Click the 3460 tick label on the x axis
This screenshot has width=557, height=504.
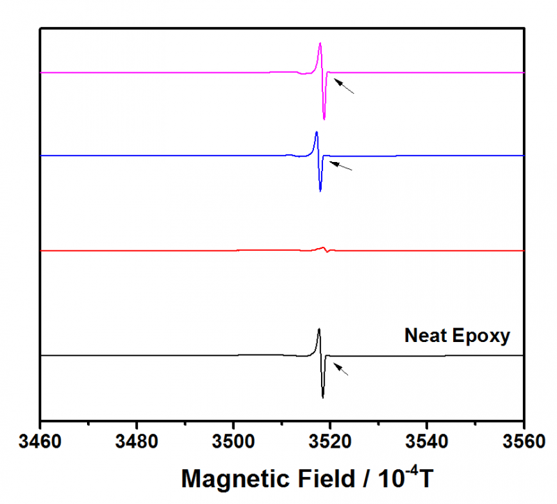pos(40,443)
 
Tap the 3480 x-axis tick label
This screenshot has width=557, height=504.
pos(136,443)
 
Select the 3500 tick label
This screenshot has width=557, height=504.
pos(233,443)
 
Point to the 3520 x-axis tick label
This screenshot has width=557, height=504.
pos(330,443)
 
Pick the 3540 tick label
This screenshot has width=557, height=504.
pos(427,443)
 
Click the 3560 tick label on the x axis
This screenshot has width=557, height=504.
pos(523,443)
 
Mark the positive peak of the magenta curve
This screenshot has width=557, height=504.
pos(320,44)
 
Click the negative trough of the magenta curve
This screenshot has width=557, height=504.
pos(324,119)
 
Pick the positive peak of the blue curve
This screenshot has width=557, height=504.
pos(317,132)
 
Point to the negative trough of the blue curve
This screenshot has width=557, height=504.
pos(320,190)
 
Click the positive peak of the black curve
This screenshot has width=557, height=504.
pos(319,330)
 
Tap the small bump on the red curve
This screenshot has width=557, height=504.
pos(323,247)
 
